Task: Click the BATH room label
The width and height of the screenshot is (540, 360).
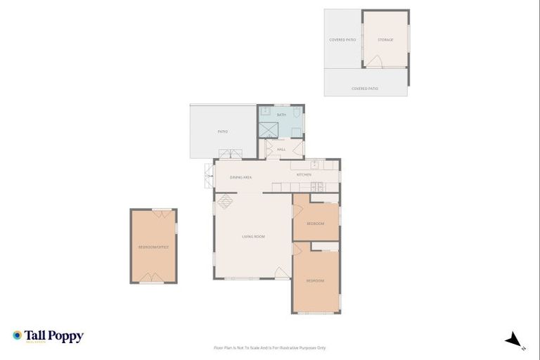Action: (x=281, y=115)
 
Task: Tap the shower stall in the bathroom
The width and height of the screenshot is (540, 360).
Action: (x=268, y=129)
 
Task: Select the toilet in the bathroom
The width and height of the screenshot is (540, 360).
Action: (x=297, y=112)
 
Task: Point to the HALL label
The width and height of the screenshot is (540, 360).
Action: (x=281, y=150)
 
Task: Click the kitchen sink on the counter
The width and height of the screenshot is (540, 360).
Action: (x=315, y=166)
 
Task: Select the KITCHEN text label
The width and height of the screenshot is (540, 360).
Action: (x=304, y=174)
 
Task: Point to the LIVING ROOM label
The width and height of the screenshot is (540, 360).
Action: (x=253, y=236)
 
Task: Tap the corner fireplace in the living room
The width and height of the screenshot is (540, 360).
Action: (x=224, y=202)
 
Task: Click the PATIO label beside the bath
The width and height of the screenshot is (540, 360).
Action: (x=222, y=131)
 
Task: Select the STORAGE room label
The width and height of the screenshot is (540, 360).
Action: (x=385, y=40)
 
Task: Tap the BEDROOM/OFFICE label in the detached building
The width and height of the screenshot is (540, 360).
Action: (x=153, y=247)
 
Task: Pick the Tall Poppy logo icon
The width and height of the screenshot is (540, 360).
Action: (x=17, y=335)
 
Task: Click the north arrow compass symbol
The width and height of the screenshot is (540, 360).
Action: (x=515, y=340)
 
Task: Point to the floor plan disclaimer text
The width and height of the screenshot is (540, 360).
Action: (x=270, y=347)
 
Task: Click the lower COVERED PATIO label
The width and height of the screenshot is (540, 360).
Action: (x=365, y=89)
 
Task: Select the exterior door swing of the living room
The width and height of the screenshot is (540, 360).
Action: (x=281, y=273)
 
